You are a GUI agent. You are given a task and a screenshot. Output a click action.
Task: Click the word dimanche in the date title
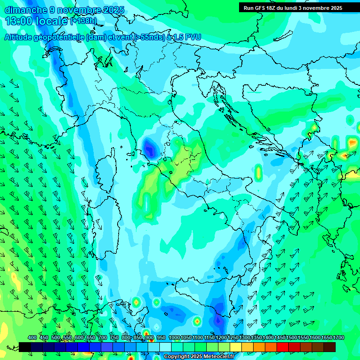pos(24,10)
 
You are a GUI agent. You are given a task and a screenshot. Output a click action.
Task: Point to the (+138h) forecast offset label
pos(83,21)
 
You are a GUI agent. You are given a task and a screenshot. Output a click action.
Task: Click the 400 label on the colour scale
pos(32,337)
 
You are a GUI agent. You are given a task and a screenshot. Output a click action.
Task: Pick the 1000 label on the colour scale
pos(174,337)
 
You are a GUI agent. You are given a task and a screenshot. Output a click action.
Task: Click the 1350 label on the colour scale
pos(256,337)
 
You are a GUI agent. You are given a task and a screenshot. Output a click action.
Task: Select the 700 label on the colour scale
pos(103,337)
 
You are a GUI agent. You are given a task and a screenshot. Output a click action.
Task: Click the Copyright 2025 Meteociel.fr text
pos(199,357)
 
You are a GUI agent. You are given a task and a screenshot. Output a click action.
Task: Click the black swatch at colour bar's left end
pos(25,347)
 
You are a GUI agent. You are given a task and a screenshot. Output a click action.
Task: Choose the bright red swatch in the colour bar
pos(283,347)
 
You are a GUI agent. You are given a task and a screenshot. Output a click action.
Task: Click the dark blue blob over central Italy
pos(150,148)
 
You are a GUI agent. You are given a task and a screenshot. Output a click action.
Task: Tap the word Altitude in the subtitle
pos(21,37)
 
